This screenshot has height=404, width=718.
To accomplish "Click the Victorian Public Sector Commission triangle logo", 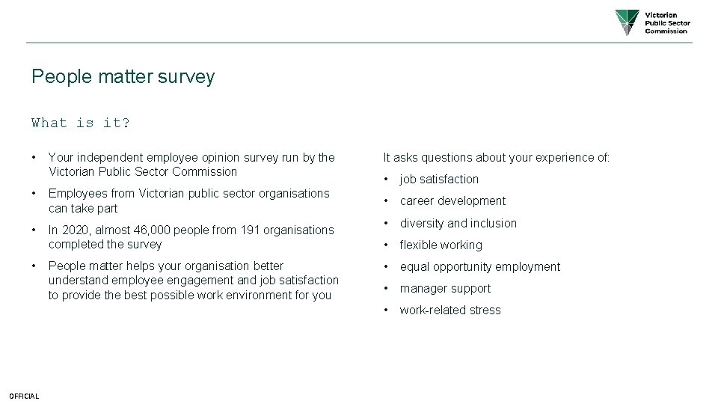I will tap(628, 22).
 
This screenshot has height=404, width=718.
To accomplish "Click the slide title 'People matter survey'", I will tap(123, 77).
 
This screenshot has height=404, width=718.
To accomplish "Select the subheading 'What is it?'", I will tap(81, 123).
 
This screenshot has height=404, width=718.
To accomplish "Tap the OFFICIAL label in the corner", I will tap(24, 396).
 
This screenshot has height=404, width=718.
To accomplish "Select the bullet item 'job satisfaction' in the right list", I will tap(439, 179).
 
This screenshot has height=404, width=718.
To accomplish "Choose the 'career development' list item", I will tap(452, 201).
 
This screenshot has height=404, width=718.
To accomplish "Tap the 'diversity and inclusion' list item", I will tap(458, 223).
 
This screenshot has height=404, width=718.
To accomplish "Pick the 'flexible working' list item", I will tap(441, 245).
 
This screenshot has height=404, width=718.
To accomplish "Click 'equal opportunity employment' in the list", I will tap(479, 266).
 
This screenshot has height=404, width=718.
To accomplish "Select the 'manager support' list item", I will tap(445, 288).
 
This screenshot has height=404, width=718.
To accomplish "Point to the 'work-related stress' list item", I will tap(450, 310).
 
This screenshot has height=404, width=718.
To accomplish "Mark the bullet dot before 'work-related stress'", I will tap(386, 310).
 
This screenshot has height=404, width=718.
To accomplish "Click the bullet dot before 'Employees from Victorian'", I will tap(34, 193).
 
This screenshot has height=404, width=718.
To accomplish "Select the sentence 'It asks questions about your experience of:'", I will tap(497, 157).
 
